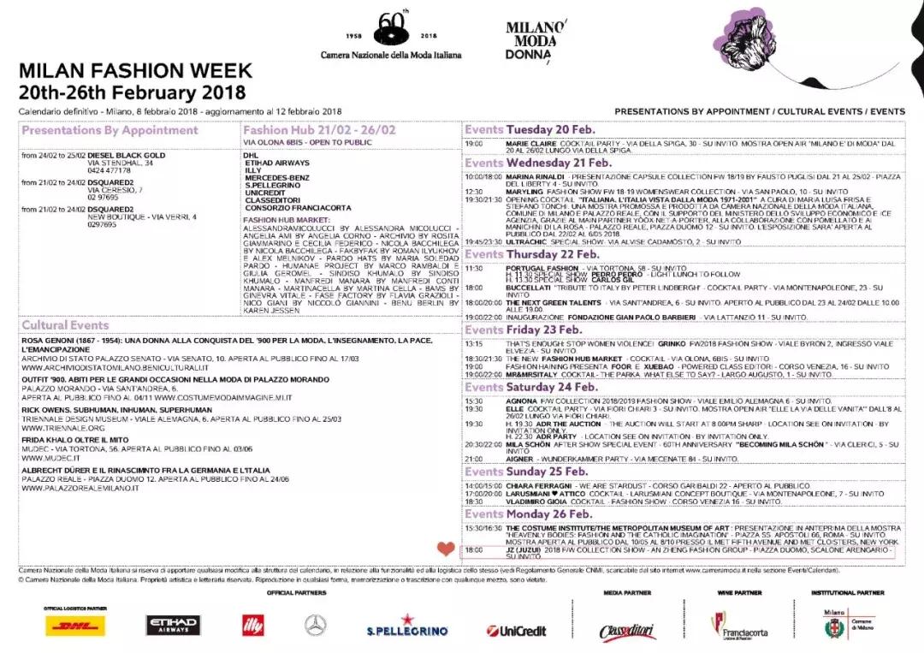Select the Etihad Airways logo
click(x=172, y=626)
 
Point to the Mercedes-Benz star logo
click(x=316, y=626)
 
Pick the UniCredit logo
click(x=516, y=630)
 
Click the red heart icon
click(x=446, y=549)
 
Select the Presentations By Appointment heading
click(x=110, y=131)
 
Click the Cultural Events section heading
click(x=65, y=325)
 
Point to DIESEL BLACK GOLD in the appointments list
click(x=126, y=155)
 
